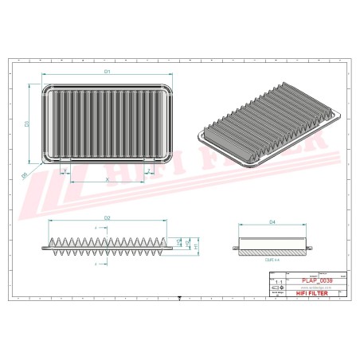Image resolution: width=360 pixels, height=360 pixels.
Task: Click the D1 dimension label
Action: click(107, 72)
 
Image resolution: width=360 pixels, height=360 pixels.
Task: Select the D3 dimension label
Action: click(27, 123)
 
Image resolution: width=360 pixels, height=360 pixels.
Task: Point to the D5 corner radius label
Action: click(25, 174)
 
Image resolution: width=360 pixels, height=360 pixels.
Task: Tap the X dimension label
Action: click(108, 179)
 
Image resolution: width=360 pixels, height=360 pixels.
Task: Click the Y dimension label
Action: click(65, 170)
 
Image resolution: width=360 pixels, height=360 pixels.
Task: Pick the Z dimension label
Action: click(149, 170)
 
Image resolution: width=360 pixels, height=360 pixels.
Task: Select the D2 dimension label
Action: click(107, 217)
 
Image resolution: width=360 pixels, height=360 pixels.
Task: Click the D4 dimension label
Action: click(272, 221)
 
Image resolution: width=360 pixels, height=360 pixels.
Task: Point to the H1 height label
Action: click(195, 246)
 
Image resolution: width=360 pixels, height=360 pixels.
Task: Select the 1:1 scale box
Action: click(276, 282)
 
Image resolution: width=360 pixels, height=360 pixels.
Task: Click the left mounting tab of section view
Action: click(237, 248)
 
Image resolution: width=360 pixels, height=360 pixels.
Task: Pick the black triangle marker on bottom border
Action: click(180, 299)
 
